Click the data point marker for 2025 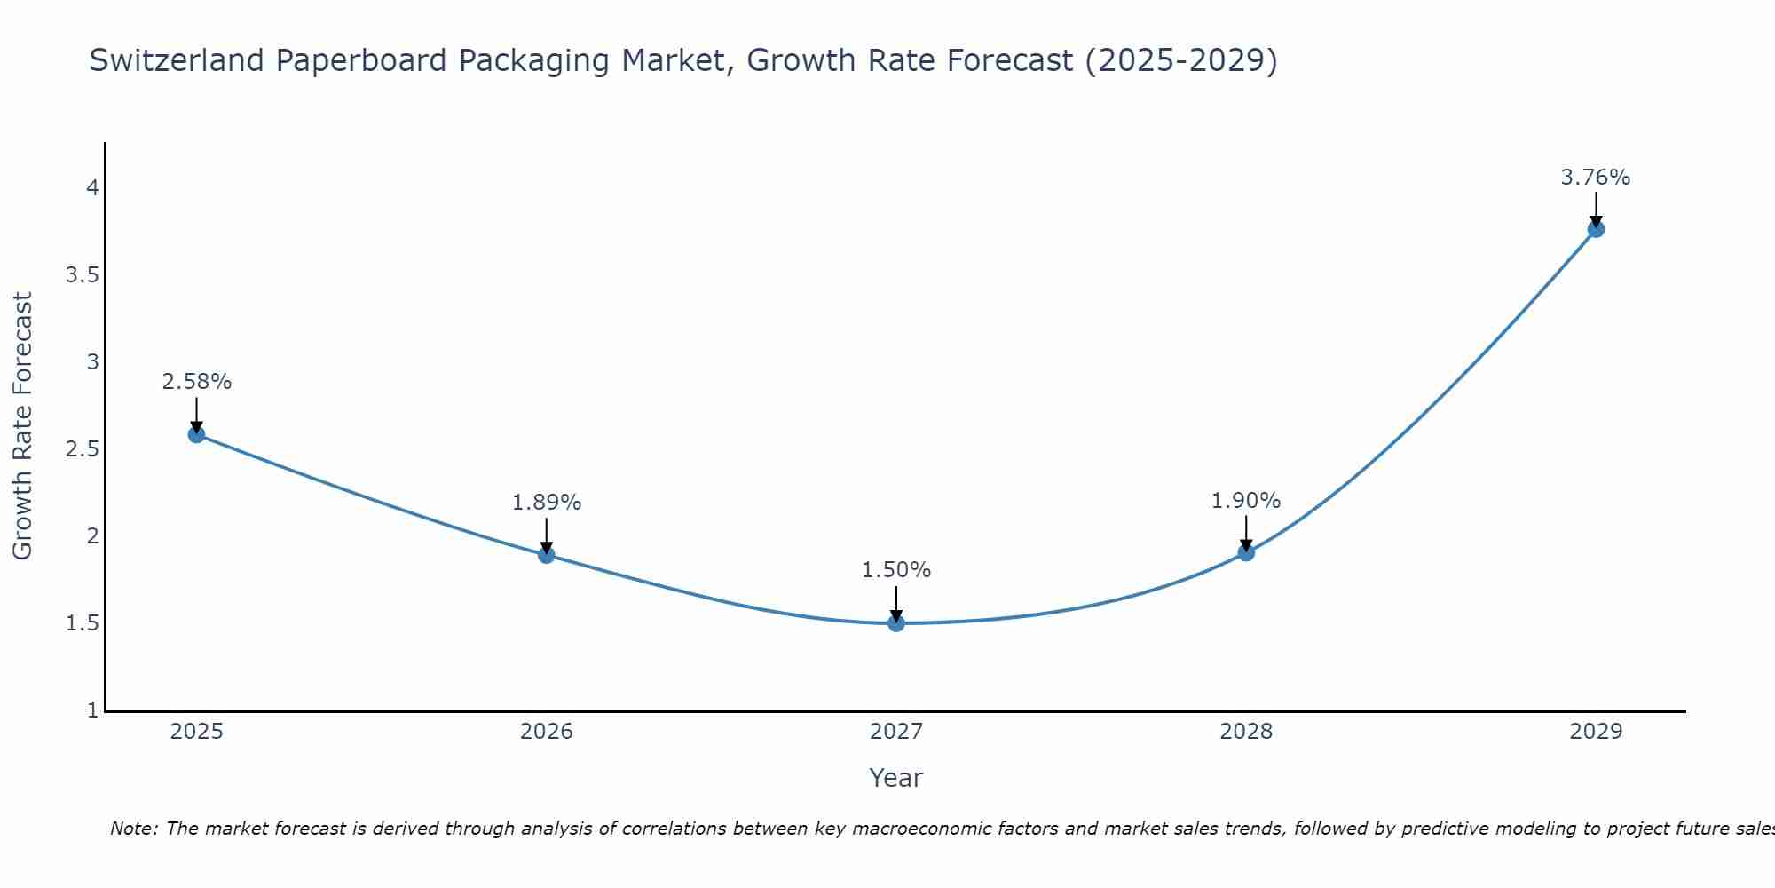pos(196,434)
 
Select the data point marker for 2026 pos(547,555)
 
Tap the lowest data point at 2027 pos(896,623)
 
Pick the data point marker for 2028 pos(1246,552)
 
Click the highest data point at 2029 pos(1596,229)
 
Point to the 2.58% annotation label pos(196,382)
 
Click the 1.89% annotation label pos(547,503)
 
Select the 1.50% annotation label pos(896,570)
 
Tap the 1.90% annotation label pos(1246,501)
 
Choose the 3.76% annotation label pos(1596,178)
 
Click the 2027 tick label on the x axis pos(896,732)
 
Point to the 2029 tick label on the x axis pos(1596,732)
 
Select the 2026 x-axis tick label pos(547,732)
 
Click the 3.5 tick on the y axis pos(82,275)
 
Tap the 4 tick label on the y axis pos(91,188)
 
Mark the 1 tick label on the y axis pos(92,710)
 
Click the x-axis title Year pos(896,778)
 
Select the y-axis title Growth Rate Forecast pos(22,426)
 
